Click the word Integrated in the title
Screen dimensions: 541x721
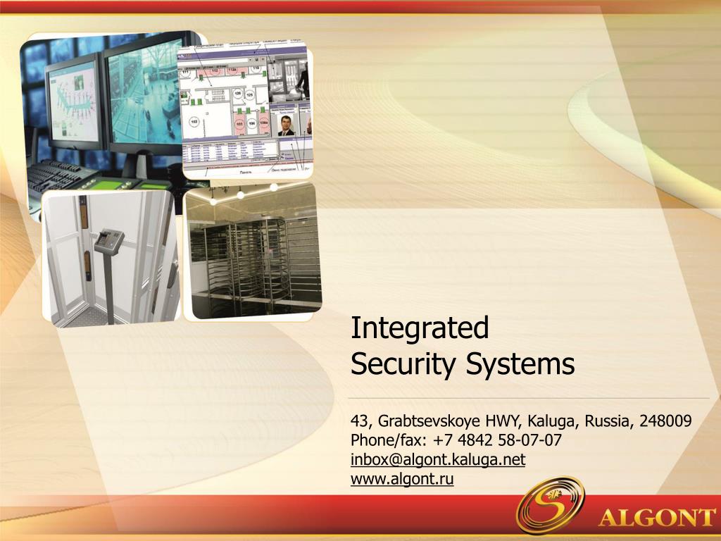click(x=420, y=328)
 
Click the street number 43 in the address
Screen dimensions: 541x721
click(x=360, y=421)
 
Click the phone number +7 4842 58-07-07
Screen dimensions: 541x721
click(x=499, y=441)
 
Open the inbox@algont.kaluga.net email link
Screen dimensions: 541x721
click(x=438, y=460)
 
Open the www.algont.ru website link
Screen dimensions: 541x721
click(x=402, y=479)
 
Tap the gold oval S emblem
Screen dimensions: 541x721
click(x=550, y=504)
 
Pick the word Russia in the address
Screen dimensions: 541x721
click(x=610, y=421)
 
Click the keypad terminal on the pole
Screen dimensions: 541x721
click(x=109, y=241)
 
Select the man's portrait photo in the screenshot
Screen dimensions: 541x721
click(x=285, y=125)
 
